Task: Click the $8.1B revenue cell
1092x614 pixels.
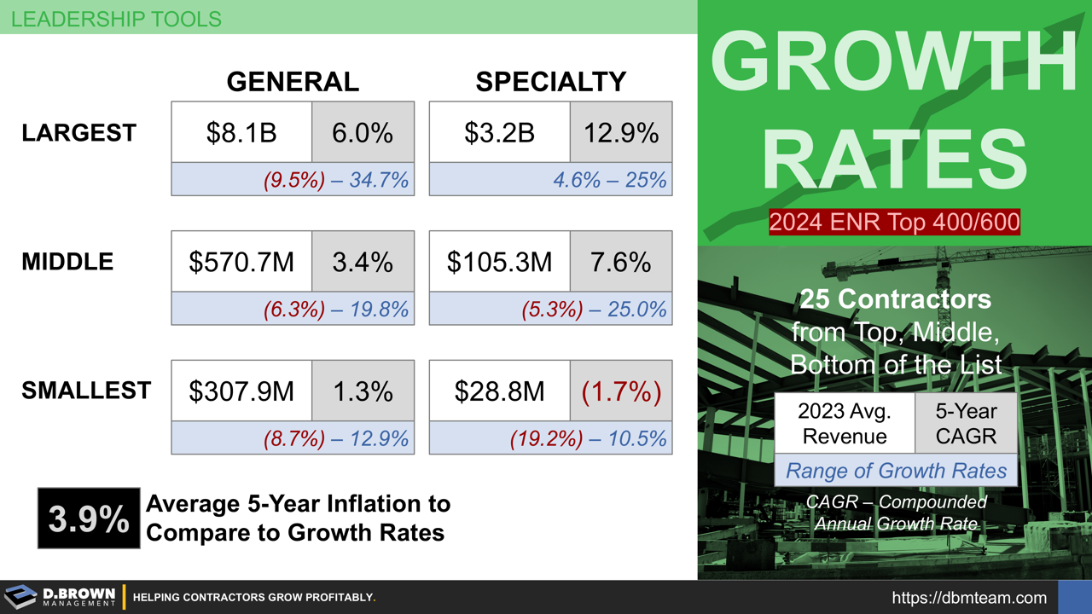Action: pyautogui.click(x=241, y=132)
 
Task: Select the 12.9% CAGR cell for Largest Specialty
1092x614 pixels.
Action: pyautogui.click(x=621, y=132)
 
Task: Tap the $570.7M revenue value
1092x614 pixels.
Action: pyautogui.click(x=241, y=262)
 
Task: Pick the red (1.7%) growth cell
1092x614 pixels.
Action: pyautogui.click(x=621, y=391)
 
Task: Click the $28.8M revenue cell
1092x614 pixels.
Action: pyautogui.click(x=499, y=391)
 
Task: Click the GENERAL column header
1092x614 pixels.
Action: pyautogui.click(x=293, y=81)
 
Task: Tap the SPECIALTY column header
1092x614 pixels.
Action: pyautogui.click(x=550, y=81)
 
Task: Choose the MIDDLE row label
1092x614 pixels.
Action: pyautogui.click(x=67, y=261)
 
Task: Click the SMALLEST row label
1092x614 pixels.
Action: pyautogui.click(x=86, y=391)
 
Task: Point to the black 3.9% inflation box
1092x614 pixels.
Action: pyautogui.click(x=89, y=518)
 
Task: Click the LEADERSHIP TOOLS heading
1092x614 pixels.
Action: pyautogui.click(x=116, y=18)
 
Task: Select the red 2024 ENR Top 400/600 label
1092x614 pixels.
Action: pyautogui.click(x=894, y=222)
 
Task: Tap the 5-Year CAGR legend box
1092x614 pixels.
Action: pyautogui.click(x=966, y=423)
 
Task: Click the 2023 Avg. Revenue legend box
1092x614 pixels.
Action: pyautogui.click(x=845, y=423)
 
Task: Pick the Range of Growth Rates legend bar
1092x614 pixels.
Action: pyautogui.click(x=896, y=470)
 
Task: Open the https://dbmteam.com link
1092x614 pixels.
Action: pyautogui.click(x=969, y=598)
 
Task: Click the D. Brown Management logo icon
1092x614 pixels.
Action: pyautogui.click(x=20, y=597)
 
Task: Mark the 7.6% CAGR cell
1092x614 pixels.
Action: pyautogui.click(x=621, y=262)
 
